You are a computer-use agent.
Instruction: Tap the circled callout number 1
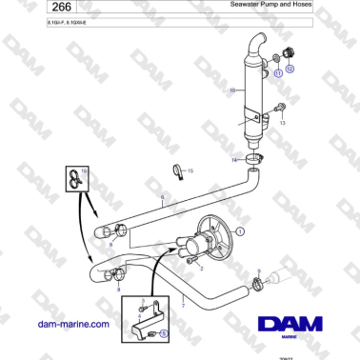coord(240,230)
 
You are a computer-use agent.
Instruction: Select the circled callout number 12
coord(290,69)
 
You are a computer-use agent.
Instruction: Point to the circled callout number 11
coord(277,72)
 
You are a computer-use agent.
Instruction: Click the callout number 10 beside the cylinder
coord(231,91)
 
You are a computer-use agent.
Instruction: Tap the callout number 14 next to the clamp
coord(234,159)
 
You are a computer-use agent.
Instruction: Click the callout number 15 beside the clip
coord(190,170)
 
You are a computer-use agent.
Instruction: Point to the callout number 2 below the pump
coord(201,269)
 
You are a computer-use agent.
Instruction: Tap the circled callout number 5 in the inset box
coord(163,334)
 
